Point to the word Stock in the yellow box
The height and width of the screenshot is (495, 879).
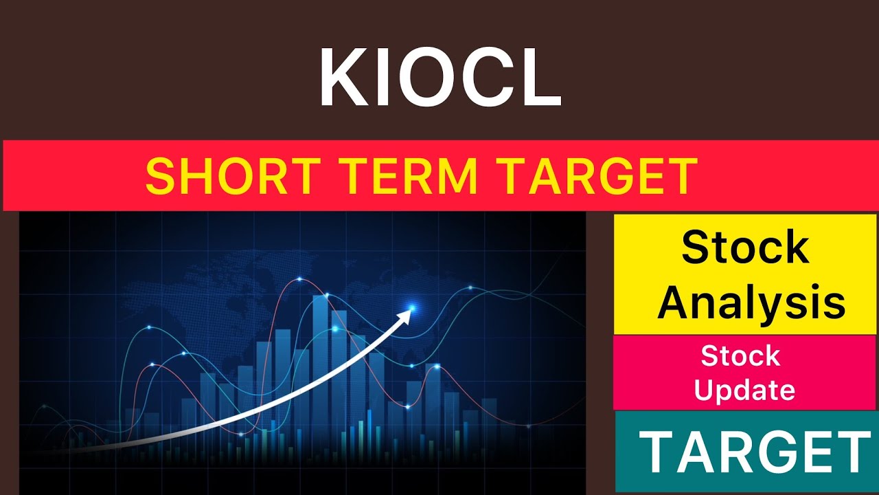745,247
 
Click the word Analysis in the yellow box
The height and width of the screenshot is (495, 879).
751,302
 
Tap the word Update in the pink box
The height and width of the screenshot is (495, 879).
744,390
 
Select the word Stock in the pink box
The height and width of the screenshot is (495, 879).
740,356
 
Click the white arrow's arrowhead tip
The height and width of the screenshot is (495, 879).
411,311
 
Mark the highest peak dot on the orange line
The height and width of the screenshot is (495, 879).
300,279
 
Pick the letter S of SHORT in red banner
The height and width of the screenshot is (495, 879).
159,176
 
